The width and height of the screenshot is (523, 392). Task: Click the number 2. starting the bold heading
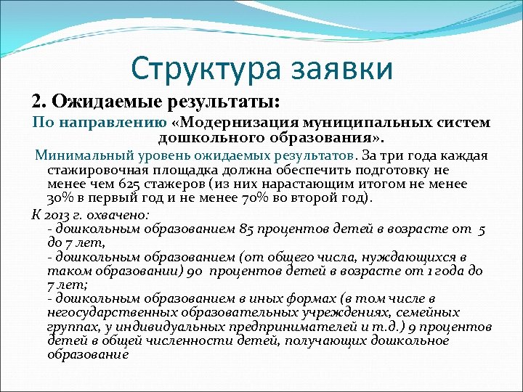pyautogui.click(x=38, y=99)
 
